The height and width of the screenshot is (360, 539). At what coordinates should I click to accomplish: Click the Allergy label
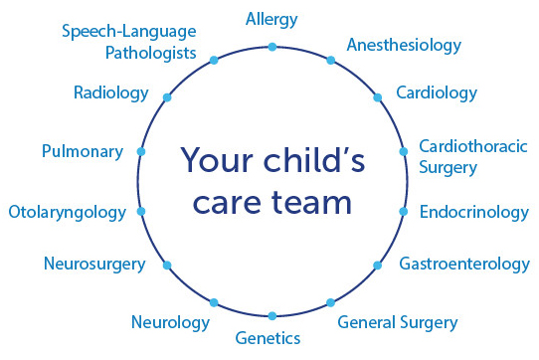pyautogui.click(x=271, y=19)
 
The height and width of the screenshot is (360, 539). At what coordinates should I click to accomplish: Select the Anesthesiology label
pyautogui.click(x=403, y=45)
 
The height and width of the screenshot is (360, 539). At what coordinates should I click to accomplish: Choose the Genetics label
pyautogui.click(x=268, y=338)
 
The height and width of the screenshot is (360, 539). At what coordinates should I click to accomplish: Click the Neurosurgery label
pyautogui.click(x=94, y=264)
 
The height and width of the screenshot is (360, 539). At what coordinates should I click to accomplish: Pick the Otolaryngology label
pyautogui.click(x=67, y=212)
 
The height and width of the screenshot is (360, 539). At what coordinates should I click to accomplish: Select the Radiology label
pyautogui.click(x=110, y=92)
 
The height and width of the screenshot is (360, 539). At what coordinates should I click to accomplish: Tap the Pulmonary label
pyautogui.click(x=83, y=152)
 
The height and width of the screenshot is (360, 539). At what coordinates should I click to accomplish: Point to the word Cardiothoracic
pyautogui.click(x=472, y=147)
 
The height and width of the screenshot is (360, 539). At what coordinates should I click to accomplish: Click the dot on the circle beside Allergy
pyautogui.click(x=271, y=46)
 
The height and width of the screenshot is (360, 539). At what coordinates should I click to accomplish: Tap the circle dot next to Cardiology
pyautogui.click(x=378, y=97)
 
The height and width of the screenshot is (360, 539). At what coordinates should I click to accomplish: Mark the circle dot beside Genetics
pyautogui.click(x=271, y=315)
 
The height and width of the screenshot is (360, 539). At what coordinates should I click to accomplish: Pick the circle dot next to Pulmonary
pyautogui.click(x=140, y=152)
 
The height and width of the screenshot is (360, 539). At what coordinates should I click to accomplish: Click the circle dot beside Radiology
pyautogui.click(x=166, y=97)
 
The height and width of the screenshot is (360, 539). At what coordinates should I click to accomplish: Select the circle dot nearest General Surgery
pyautogui.click(x=331, y=301)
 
